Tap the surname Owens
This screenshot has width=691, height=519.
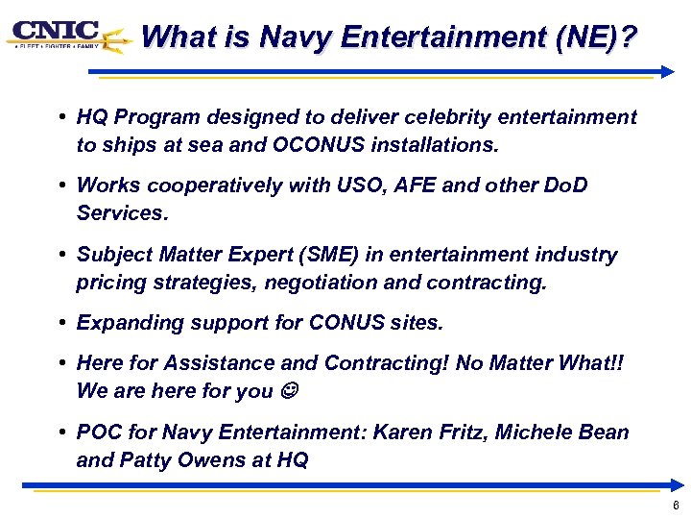(217, 460)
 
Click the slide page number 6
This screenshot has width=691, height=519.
(676, 505)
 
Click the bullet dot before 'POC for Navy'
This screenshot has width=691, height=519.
(60, 432)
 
